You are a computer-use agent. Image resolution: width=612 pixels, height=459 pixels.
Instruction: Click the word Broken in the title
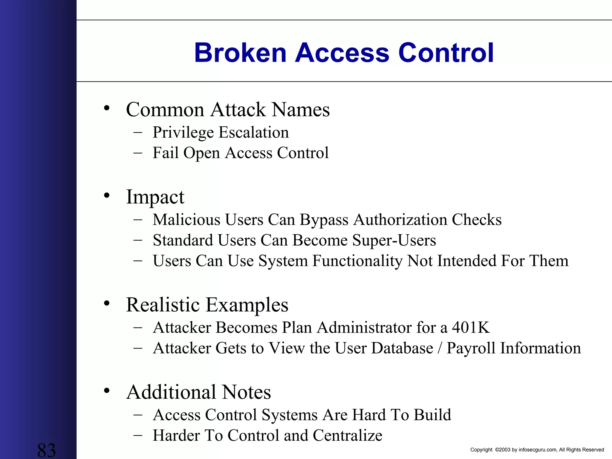tap(240, 53)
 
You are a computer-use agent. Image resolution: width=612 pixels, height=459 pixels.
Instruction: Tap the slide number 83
tap(47, 450)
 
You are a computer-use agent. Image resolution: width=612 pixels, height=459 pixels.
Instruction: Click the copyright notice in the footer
tap(537, 450)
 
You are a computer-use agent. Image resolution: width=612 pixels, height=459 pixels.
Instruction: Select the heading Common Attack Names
tap(228, 109)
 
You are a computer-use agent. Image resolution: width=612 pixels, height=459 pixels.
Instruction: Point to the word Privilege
tap(183, 133)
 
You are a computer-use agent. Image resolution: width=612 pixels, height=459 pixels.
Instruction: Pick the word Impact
tap(155, 197)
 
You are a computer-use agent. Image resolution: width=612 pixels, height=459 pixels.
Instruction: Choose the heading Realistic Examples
tap(207, 305)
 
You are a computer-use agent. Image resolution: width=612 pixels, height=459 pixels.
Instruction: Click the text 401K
tap(471, 328)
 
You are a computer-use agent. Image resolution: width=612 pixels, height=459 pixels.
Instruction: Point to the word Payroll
tap(471, 348)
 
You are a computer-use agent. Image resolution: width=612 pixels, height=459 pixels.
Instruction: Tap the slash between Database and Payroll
tap(440, 348)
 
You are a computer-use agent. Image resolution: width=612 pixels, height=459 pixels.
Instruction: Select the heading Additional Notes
tap(198, 392)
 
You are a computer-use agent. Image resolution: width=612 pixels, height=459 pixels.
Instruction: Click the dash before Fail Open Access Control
tap(138, 153)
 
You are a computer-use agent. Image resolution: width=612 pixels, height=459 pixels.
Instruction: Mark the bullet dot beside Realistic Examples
tap(107, 304)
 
